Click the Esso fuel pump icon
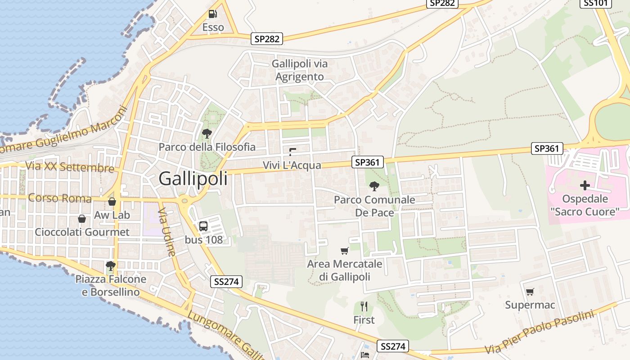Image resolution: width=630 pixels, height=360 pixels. (213, 14)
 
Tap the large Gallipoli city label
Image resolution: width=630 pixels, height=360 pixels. (193, 179)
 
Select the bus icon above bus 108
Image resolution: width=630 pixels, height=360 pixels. (203, 226)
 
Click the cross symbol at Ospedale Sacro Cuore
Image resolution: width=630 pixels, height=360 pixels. (585, 185)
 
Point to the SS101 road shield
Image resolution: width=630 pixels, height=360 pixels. (595, 3)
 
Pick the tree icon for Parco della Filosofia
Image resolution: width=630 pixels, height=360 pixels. (207, 133)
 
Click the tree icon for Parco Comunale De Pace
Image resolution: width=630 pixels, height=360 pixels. (374, 186)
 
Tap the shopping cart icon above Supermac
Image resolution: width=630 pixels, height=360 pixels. (530, 292)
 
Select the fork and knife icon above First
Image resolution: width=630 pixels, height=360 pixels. (364, 306)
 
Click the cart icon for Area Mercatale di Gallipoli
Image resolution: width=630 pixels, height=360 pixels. (345, 251)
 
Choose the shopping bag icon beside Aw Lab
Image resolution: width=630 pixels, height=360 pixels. (112, 202)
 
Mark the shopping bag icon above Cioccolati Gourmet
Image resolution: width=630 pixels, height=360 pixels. (82, 219)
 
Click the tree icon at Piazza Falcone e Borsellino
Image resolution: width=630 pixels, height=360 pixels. (110, 266)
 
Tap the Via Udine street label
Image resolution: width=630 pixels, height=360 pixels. (167, 232)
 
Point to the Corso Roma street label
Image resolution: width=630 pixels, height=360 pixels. (60, 198)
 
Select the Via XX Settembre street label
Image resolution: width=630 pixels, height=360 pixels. (70, 166)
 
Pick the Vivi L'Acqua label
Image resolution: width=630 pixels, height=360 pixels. (292, 165)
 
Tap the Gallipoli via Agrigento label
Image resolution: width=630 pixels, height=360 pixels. (300, 70)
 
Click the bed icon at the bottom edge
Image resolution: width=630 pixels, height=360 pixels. (365, 355)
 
